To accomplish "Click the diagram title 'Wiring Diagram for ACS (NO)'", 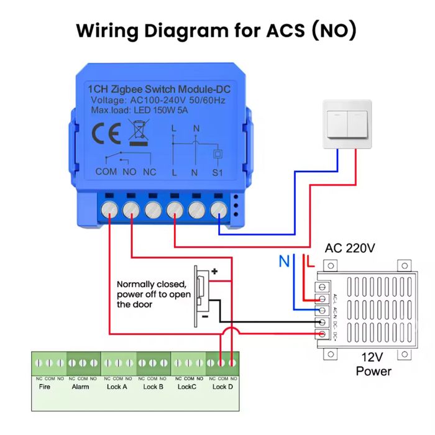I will point(216,30).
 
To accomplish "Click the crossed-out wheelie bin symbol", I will point(138,132).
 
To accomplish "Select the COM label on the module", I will point(106,172).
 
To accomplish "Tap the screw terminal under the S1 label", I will point(218,209).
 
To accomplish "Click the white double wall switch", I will point(347,124).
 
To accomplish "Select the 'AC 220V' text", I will point(350,249).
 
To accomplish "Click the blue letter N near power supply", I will point(284,262).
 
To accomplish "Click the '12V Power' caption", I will point(373,364).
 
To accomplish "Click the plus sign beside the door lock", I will point(216,272).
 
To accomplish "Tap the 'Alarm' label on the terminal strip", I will point(81,387).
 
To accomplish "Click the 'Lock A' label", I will point(117,387).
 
